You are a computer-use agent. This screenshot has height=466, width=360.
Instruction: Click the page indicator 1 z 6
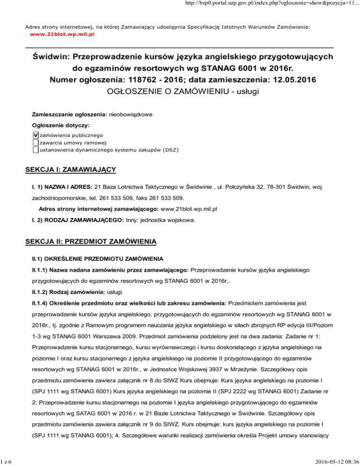point(6,461)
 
